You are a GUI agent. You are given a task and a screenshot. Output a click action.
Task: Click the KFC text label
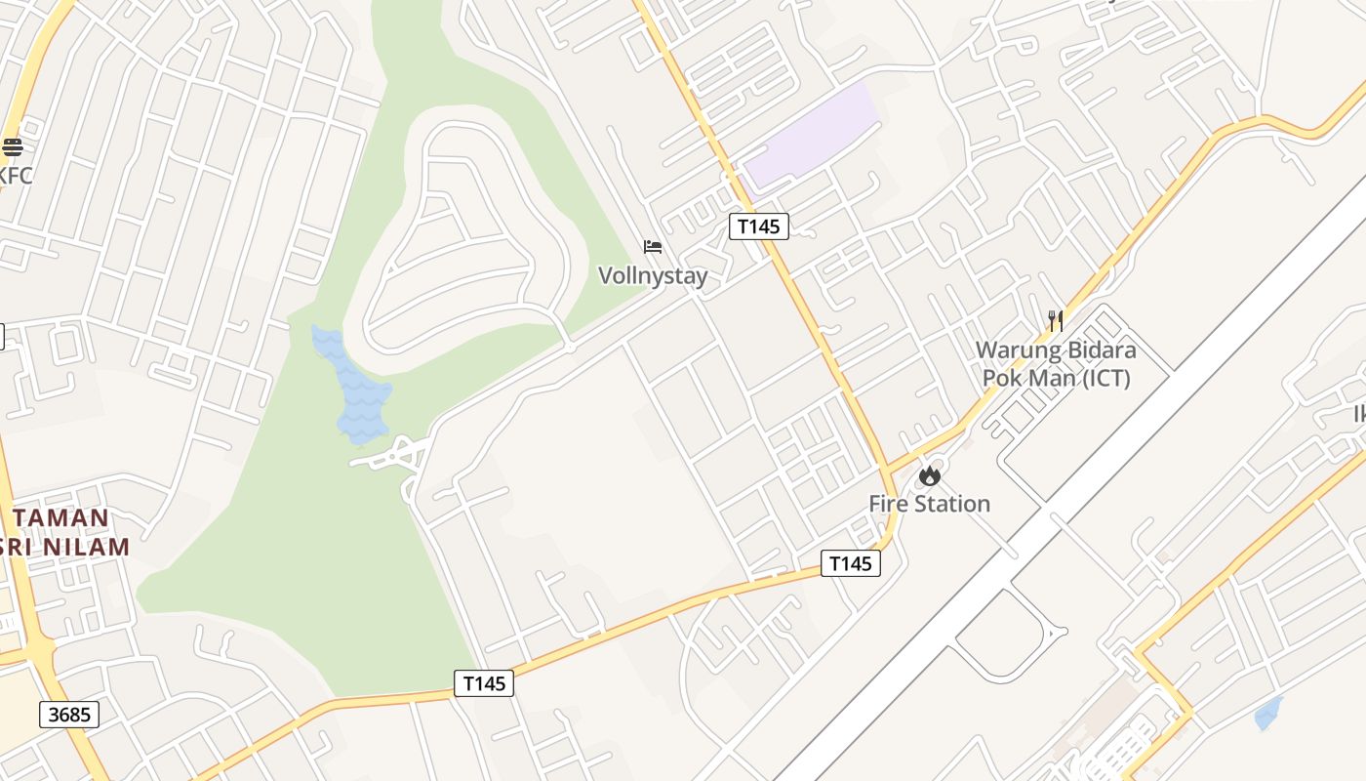(17, 177)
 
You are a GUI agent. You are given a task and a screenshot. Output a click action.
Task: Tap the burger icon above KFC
(13, 147)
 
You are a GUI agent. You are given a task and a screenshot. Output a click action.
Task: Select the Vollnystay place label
(653, 276)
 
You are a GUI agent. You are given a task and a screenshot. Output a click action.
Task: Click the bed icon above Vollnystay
(653, 247)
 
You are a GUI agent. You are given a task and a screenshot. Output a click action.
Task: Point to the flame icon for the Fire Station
(930, 475)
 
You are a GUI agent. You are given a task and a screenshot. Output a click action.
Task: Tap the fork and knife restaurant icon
(1055, 320)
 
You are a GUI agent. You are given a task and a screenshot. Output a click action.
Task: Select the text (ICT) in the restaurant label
(1106, 378)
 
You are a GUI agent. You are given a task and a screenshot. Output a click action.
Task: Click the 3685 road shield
(69, 715)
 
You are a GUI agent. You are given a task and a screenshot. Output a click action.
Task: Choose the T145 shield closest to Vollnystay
(758, 226)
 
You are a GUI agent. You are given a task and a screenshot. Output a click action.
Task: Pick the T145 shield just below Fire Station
(850, 563)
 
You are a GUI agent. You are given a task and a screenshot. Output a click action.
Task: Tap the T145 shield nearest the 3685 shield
(484, 683)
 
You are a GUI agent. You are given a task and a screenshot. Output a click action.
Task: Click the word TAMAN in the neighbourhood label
(61, 518)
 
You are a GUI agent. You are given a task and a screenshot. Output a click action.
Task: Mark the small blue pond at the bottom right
(1267, 714)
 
